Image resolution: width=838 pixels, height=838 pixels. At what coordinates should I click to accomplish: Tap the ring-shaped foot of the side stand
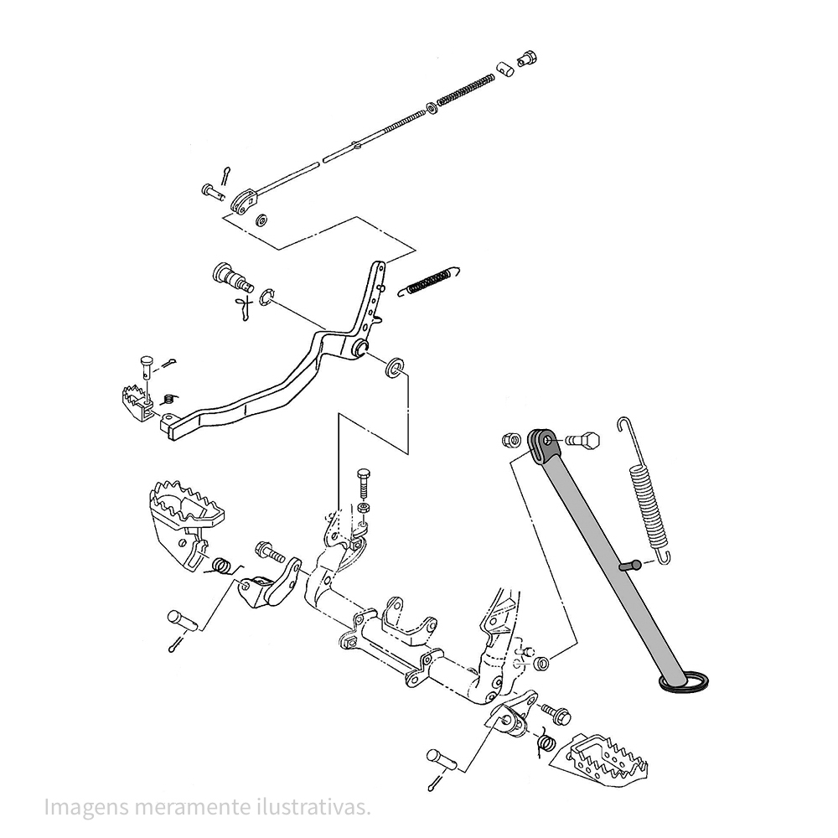coord(686,681)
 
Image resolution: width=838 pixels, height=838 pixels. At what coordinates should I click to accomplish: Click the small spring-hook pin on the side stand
coord(631,565)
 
